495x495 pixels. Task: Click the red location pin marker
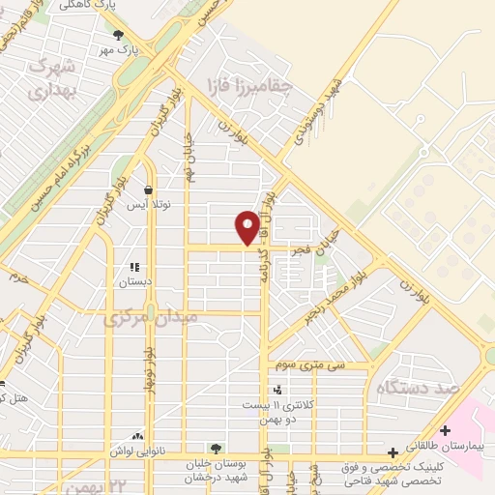[247, 227]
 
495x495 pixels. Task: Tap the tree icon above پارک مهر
[119, 35]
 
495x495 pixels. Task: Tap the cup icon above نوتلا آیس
[148, 190]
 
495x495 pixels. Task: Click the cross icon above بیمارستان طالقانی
[445, 430]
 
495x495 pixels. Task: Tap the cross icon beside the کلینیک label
[393, 452]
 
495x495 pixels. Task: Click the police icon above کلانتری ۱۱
[278, 389]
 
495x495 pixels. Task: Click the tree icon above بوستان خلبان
[215, 449]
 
